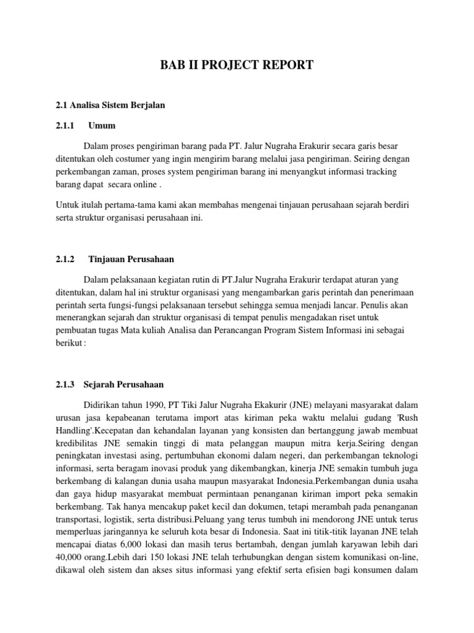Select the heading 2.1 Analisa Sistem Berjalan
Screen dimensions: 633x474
109,106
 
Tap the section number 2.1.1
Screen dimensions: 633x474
65,125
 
